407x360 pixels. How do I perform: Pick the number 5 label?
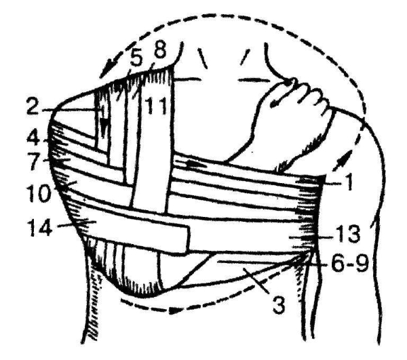click(x=135, y=60)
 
